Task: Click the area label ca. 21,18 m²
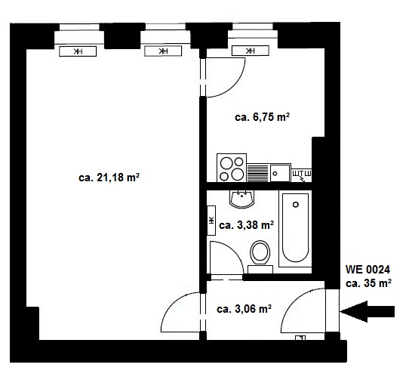click(109, 178)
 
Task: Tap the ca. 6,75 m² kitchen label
click(262, 117)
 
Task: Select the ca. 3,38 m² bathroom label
click(246, 225)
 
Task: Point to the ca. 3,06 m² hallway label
click(244, 309)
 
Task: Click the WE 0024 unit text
click(367, 270)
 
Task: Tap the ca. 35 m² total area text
click(368, 283)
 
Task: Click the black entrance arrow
click(367, 311)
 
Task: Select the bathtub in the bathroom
click(295, 229)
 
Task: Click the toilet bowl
click(260, 253)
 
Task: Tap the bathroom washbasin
click(241, 199)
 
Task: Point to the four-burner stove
click(232, 168)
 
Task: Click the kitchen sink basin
click(280, 173)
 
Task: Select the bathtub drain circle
click(296, 205)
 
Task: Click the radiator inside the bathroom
click(211, 221)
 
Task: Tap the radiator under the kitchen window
click(250, 51)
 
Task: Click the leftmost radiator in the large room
click(78, 51)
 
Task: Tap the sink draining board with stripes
click(257, 172)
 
